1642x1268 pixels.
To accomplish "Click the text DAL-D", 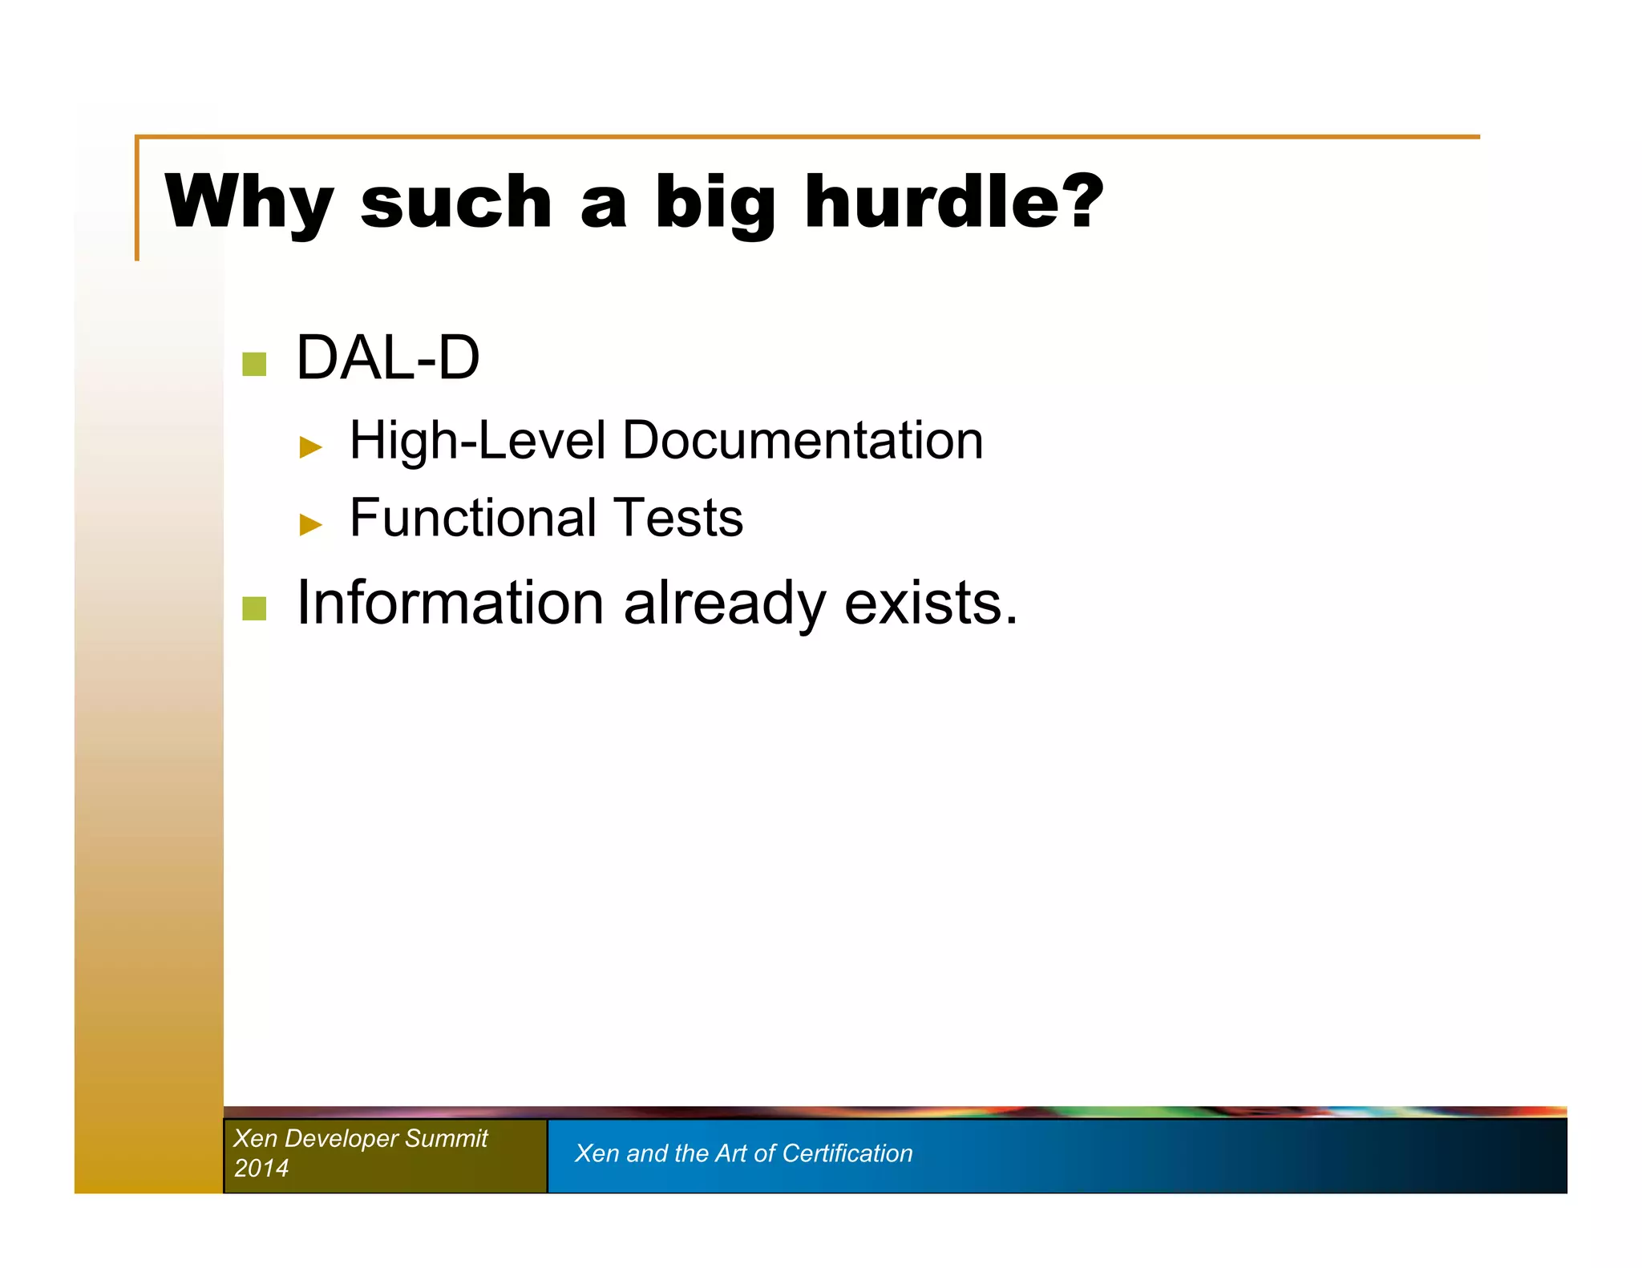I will pos(388,357).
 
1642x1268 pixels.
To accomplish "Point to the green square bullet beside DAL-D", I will pos(254,364).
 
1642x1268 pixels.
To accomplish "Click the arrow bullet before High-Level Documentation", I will pos(310,446).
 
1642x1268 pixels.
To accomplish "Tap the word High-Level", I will pos(478,442).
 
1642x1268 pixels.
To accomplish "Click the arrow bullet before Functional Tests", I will pos(310,524).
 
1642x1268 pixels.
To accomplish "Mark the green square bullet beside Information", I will pos(254,608).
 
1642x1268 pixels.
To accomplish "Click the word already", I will pos(724,604).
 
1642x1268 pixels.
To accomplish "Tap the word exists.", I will pos(931,603).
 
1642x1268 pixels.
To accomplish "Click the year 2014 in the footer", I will pos(261,1168).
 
